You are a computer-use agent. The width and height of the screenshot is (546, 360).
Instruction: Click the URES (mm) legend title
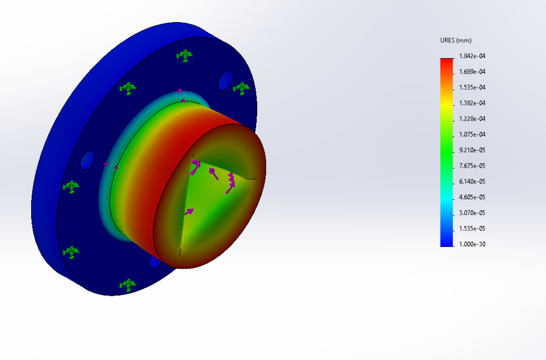tap(456, 40)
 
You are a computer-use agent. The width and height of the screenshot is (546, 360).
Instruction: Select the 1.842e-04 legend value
tap(472, 56)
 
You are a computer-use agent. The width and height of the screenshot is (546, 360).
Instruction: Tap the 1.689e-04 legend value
tap(472, 72)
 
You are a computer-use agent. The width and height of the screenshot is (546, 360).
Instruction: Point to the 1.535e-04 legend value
tap(472, 87)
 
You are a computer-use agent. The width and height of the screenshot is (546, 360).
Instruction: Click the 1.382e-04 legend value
tap(472, 103)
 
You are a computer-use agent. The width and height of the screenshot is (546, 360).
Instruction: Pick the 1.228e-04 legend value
tap(472, 118)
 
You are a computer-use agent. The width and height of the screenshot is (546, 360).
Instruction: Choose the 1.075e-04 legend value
tap(472, 135)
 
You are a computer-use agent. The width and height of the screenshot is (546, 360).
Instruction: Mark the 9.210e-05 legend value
tap(472, 150)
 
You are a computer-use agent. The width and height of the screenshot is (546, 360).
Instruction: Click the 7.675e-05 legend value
tap(472, 166)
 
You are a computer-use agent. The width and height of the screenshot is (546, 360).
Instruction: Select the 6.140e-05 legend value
tap(472, 181)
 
